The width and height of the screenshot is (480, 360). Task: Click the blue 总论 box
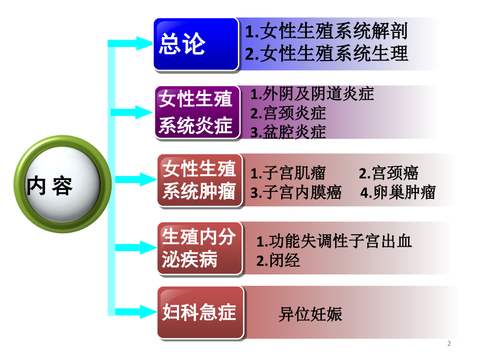pyautogui.click(x=196, y=44)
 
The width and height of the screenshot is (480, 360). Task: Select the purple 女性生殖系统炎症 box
pyautogui.click(x=197, y=113)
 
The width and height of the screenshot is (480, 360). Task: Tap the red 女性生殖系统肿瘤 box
pyautogui.click(x=200, y=181)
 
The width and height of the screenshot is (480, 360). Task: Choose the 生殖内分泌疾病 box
pyautogui.click(x=200, y=248)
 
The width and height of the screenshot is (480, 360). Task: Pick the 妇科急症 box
pyautogui.click(x=200, y=313)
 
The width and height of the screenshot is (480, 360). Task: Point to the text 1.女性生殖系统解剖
pyautogui.click(x=326, y=31)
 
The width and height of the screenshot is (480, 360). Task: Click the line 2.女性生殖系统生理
pyautogui.click(x=326, y=54)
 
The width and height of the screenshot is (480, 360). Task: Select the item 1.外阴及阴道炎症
pyautogui.click(x=312, y=94)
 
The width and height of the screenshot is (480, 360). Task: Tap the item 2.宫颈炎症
pyautogui.click(x=288, y=113)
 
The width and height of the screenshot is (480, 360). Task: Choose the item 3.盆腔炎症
pyautogui.click(x=288, y=131)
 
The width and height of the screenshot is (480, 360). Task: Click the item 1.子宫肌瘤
pyautogui.click(x=288, y=173)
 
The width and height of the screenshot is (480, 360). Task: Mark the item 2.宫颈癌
pyautogui.click(x=389, y=173)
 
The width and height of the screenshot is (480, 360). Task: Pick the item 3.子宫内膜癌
pyautogui.click(x=296, y=193)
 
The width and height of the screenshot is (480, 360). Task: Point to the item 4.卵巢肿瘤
pyautogui.click(x=398, y=193)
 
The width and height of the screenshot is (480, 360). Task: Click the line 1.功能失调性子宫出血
pyautogui.click(x=334, y=241)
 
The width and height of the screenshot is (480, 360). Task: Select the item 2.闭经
pyautogui.click(x=278, y=260)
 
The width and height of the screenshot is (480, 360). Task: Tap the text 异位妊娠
pyautogui.click(x=310, y=314)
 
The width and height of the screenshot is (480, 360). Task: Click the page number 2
pyautogui.click(x=450, y=343)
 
